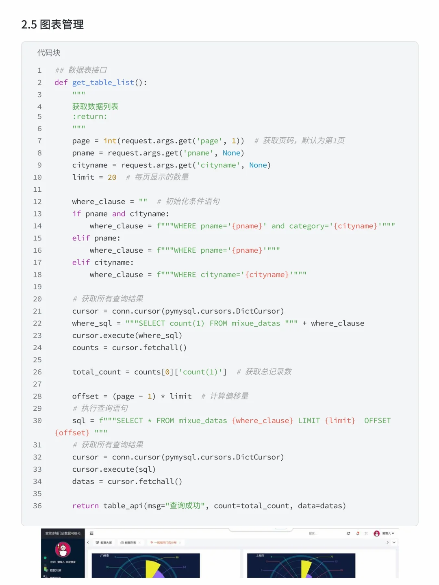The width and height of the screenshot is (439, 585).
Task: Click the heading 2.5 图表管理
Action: [x=52, y=25]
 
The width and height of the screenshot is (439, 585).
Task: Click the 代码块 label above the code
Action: [x=49, y=53]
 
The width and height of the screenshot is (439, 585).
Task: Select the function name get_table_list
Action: [x=103, y=82]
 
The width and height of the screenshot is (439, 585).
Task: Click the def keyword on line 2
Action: [x=61, y=82]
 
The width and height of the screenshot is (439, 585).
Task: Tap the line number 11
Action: [x=37, y=189]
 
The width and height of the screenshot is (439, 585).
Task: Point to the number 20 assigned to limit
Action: [x=112, y=177]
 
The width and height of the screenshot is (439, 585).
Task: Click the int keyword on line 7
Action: [x=110, y=141]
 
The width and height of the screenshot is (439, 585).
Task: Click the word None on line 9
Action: [x=258, y=165]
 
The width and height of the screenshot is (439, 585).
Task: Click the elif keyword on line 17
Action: [x=81, y=262]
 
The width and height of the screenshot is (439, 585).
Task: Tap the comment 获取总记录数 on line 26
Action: [x=268, y=372]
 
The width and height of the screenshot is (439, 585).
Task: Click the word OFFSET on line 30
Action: [x=377, y=420]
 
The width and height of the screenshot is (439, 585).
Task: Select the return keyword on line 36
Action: [x=85, y=506]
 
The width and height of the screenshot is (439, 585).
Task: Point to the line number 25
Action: [x=37, y=360]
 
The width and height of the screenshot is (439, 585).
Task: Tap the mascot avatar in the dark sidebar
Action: [x=63, y=550]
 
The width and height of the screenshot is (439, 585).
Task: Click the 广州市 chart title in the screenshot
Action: [x=105, y=555]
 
